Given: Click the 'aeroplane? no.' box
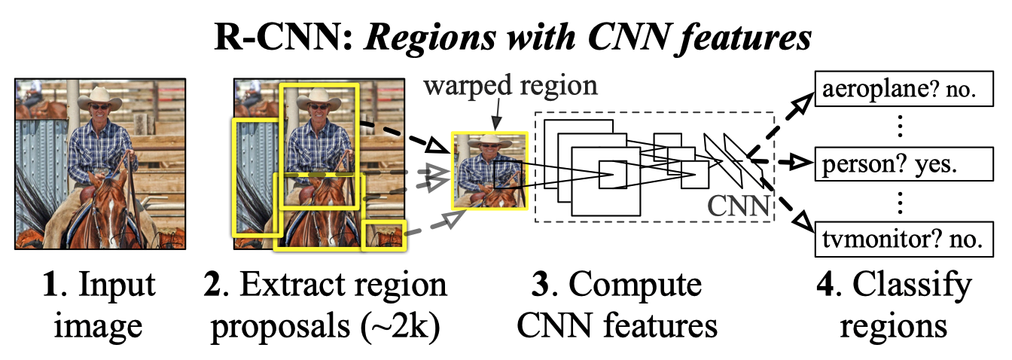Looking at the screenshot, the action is (x=904, y=89).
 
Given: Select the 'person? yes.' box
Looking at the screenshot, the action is (x=904, y=163).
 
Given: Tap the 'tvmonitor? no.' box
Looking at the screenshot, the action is (x=904, y=239).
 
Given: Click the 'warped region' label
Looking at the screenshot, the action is (x=511, y=86).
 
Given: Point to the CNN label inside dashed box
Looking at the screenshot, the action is (x=738, y=206).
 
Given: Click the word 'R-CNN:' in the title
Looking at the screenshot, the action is (x=283, y=37).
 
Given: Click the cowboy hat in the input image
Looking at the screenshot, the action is (x=99, y=99).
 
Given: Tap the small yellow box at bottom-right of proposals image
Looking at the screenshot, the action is (x=384, y=235).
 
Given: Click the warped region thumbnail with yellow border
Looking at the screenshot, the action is (x=489, y=171).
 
